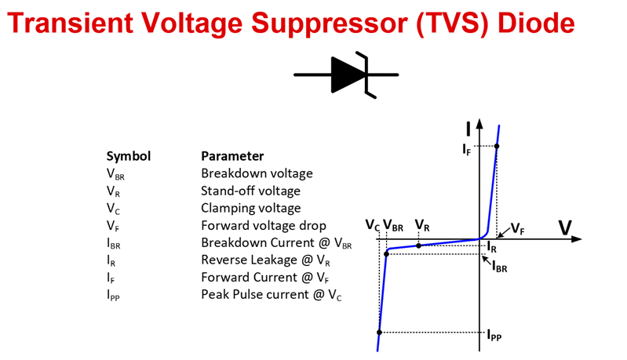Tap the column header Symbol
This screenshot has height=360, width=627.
128,156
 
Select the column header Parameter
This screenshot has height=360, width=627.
232,156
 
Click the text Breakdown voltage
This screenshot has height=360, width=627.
257,173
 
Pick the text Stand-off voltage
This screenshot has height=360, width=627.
250,191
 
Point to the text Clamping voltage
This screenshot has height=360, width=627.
251,208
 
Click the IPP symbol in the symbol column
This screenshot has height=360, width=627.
115,296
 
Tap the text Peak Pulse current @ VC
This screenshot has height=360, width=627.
272,295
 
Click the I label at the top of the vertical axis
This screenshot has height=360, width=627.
468,128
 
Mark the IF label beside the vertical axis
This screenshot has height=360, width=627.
467,147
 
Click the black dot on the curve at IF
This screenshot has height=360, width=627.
497,147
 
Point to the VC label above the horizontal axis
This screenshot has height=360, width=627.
372,226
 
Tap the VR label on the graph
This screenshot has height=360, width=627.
421,227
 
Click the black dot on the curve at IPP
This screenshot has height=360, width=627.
379,333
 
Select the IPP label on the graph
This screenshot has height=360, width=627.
494,336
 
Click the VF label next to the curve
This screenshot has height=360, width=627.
518,228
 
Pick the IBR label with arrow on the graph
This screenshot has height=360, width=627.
499,267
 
